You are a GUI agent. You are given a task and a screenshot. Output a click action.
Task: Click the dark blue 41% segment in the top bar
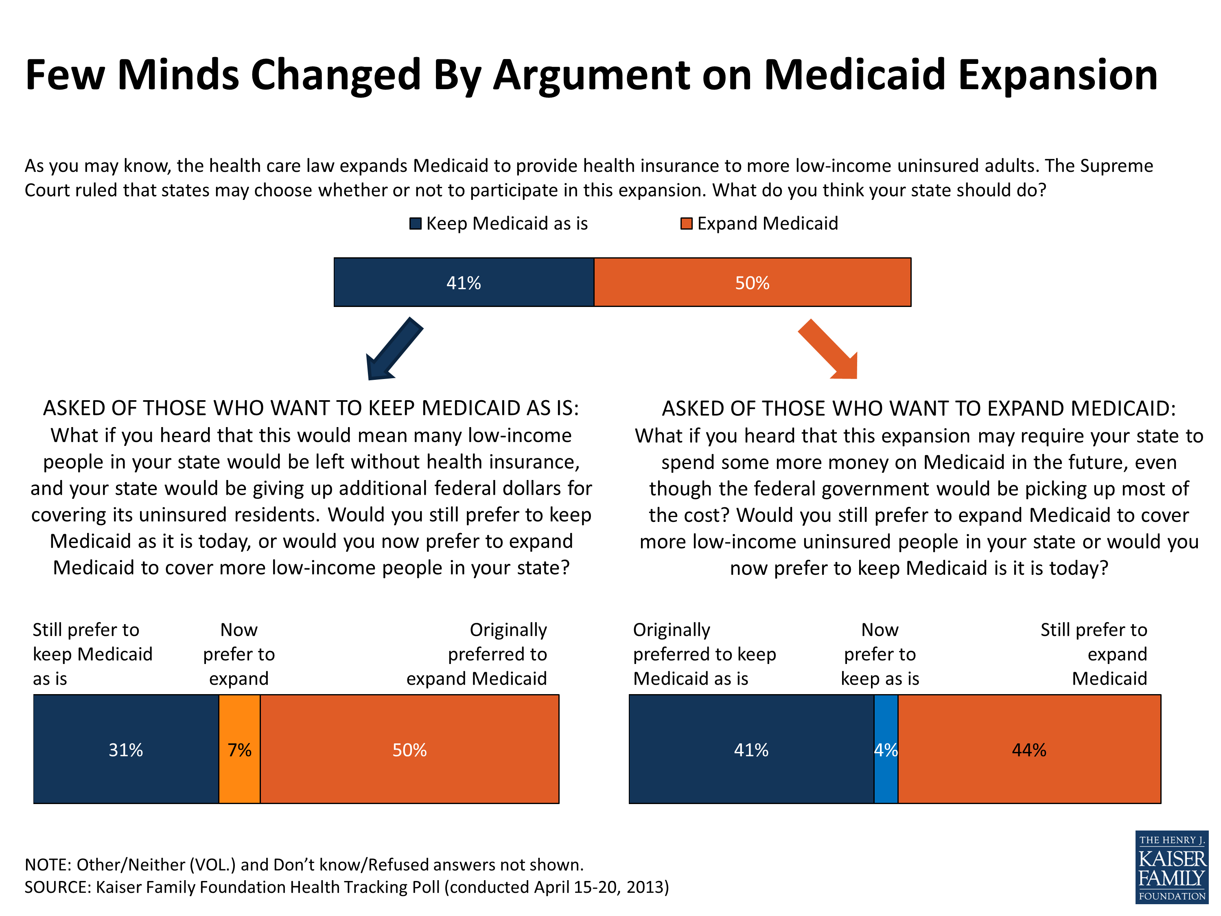coord(464,282)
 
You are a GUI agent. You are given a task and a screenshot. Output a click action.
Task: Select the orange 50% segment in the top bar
coord(752,282)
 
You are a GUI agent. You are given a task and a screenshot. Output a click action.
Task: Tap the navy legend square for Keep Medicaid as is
coord(415,224)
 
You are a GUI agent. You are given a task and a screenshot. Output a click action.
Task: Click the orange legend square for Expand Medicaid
coord(686,224)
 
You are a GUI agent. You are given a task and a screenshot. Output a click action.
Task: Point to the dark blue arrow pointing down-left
coord(393,350)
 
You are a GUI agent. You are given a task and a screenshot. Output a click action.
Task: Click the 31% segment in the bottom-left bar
coord(126,749)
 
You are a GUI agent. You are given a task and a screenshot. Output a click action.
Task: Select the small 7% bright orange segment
coord(240,749)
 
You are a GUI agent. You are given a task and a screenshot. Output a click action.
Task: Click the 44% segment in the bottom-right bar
coord(1029,749)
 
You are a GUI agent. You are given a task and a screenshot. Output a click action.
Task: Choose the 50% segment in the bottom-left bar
coord(409,749)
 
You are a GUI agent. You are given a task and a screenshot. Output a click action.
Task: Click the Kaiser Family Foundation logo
coord(1171,867)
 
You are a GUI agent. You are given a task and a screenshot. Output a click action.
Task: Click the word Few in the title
coord(65,75)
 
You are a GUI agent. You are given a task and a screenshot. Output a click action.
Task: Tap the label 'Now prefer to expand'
coord(239,654)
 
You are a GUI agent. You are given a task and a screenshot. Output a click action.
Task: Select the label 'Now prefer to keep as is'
coord(880,654)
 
